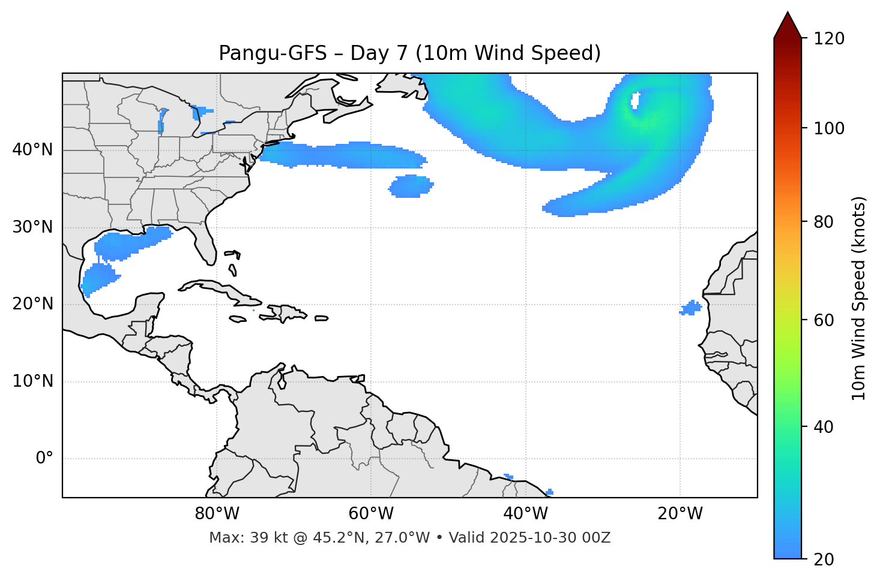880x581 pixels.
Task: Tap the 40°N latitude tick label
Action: coord(32,150)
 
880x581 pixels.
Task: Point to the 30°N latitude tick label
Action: coord(32,227)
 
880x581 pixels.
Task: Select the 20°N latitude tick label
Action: coord(32,304)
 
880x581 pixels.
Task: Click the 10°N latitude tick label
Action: coord(32,381)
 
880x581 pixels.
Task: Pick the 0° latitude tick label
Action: coord(44,459)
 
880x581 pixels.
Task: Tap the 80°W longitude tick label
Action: coord(217,514)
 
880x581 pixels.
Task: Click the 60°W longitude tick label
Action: coord(371,514)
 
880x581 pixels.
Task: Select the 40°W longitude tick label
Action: coord(525,514)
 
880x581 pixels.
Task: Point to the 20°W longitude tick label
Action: coord(680,514)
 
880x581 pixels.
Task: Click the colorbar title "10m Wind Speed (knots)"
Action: coord(859,298)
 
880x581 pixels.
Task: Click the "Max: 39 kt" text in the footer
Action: coord(240,538)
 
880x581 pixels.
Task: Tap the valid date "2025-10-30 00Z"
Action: coord(550,538)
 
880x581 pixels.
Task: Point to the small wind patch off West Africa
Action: coord(691,308)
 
